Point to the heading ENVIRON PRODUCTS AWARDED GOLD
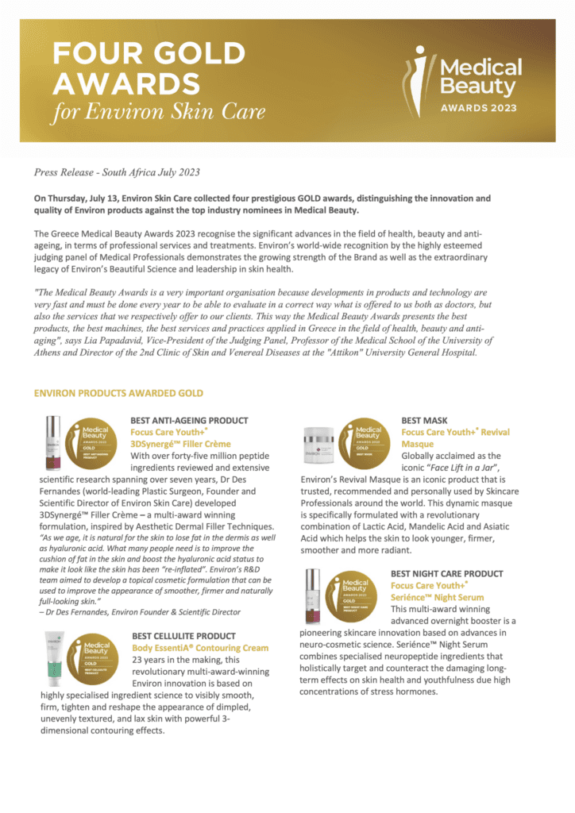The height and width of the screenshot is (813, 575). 118,393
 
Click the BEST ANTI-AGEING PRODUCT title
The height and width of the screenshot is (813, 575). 189,420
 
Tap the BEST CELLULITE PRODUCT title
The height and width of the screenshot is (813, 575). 183,636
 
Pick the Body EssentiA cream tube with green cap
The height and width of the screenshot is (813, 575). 53,658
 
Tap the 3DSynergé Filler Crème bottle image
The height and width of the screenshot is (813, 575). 53,443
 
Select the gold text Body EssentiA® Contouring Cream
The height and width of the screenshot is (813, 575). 200,648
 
